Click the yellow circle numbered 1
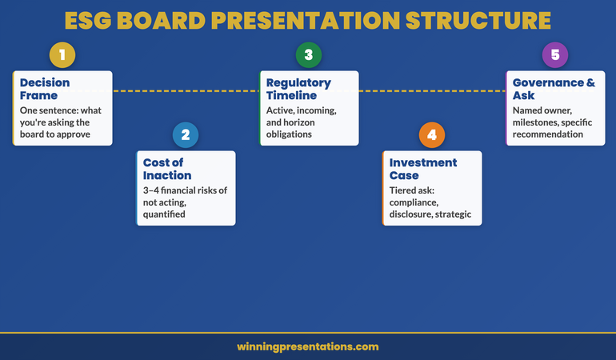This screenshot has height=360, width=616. click(62, 55)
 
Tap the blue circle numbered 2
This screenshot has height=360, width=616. click(186, 134)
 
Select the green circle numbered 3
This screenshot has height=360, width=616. click(308, 55)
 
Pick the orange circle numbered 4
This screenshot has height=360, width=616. click(432, 134)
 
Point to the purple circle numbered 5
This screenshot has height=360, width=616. click(554, 55)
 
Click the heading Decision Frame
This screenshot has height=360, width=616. click(45, 89)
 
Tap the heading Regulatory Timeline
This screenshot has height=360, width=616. click(298, 89)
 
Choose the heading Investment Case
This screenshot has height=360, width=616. click(423, 168)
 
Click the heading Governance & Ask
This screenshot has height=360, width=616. click(554, 89)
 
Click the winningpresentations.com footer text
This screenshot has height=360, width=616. click(308, 346)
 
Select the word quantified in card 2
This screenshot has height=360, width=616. click(164, 214)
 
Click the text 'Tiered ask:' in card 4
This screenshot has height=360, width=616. click(412, 191)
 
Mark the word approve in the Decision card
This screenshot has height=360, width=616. click(72, 134)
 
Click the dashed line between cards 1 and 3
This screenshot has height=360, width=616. click(186, 91)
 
